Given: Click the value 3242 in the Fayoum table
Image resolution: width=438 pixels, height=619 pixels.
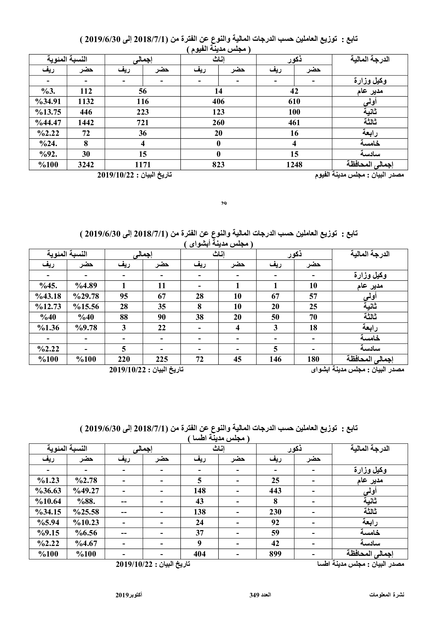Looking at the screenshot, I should pos(86,164).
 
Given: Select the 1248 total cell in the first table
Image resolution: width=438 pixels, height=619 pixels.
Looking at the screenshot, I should pos(294,164).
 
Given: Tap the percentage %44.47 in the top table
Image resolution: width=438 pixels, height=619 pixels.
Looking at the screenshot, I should pos(48,123).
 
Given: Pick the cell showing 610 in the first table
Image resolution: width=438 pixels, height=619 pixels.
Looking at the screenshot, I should pos(294,102).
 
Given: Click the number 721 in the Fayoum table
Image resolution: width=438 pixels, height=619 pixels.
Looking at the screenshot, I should pos(142,123).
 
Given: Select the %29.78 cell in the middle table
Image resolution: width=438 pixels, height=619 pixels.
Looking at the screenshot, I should pos(86,296).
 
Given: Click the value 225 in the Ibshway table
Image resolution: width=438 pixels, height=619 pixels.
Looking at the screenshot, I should pos(162,359).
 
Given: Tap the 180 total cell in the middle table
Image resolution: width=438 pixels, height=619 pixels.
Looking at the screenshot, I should pos(313,359).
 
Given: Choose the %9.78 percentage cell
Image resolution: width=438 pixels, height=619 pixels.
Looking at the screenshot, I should pos(86,328).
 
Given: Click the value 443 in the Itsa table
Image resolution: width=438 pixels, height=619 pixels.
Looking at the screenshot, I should pos(275,491).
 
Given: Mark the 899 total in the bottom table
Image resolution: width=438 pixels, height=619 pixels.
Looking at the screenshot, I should pos(275,554).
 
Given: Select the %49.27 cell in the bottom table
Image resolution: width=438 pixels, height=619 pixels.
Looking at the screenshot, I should pos(86,491).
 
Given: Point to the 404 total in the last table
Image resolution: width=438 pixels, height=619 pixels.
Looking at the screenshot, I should pos(200,554).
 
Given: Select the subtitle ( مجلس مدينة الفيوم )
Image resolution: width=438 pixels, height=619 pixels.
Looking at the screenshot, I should pos(219,49).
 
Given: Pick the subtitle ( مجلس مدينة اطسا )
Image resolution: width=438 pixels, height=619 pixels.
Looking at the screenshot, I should pos(219,439).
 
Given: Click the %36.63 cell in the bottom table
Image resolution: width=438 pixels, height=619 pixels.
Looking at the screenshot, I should pos(48,491).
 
